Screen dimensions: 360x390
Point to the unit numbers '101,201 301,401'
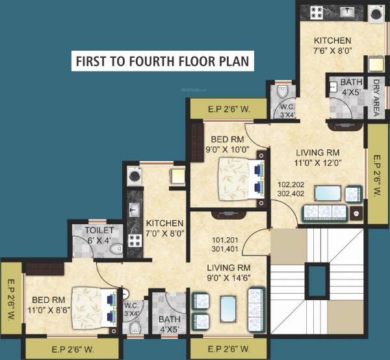click(224, 243)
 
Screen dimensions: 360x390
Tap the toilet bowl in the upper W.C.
click(283, 94)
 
